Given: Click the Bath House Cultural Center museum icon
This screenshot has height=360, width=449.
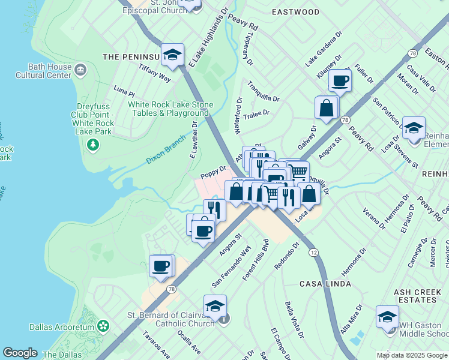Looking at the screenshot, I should (80, 71).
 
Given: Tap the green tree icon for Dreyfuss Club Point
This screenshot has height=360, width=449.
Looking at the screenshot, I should (92, 145).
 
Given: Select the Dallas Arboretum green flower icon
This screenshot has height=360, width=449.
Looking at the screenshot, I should (103, 326).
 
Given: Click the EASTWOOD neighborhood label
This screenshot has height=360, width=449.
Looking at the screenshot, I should (295, 11).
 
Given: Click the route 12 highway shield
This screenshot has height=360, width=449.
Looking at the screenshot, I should (314, 253).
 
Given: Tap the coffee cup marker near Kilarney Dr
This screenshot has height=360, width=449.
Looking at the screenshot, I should (340, 80).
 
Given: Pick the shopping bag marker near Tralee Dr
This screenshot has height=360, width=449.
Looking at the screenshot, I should (327, 108).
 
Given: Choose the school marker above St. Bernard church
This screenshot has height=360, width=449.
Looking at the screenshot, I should (215, 306).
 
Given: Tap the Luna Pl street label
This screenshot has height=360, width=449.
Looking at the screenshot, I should (124, 91).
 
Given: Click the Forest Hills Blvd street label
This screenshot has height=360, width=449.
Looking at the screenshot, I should (255, 260).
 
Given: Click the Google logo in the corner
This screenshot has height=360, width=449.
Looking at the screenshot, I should (20, 353).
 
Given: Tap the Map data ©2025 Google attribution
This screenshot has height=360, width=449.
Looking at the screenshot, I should (412, 355).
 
